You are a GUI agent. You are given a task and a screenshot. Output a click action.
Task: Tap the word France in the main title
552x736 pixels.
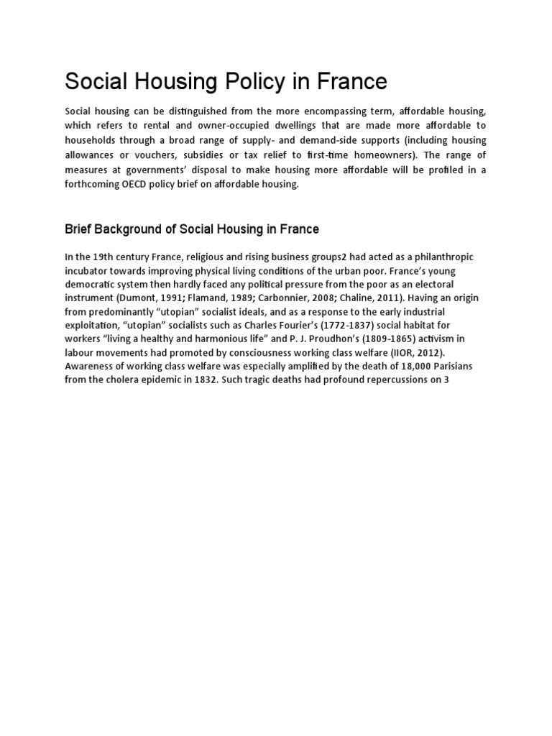click(x=350, y=81)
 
